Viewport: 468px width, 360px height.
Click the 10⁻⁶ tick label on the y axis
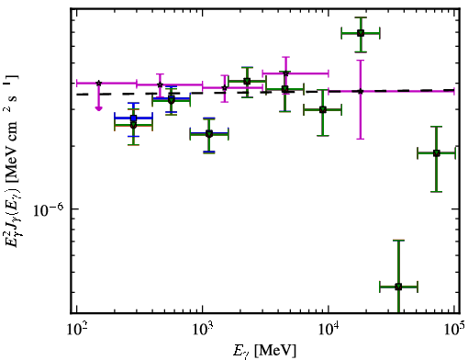(x=49, y=209)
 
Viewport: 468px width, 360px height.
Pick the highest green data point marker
(x=361, y=33)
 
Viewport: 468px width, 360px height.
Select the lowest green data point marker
(x=398, y=287)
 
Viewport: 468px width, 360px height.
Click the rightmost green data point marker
(x=437, y=153)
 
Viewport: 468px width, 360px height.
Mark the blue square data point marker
(x=133, y=118)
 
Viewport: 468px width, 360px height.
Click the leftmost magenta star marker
(x=98, y=83)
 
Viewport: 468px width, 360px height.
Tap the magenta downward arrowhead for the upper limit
(x=98, y=108)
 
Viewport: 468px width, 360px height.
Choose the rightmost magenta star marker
(x=361, y=91)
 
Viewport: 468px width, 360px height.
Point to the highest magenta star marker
(x=285, y=73)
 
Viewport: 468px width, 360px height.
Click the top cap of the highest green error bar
(x=361, y=17)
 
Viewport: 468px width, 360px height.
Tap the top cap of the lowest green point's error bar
(x=398, y=241)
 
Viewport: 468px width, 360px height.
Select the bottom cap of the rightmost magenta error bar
(x=361, y=139)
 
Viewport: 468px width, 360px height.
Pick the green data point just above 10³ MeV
(x=209, y=134)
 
